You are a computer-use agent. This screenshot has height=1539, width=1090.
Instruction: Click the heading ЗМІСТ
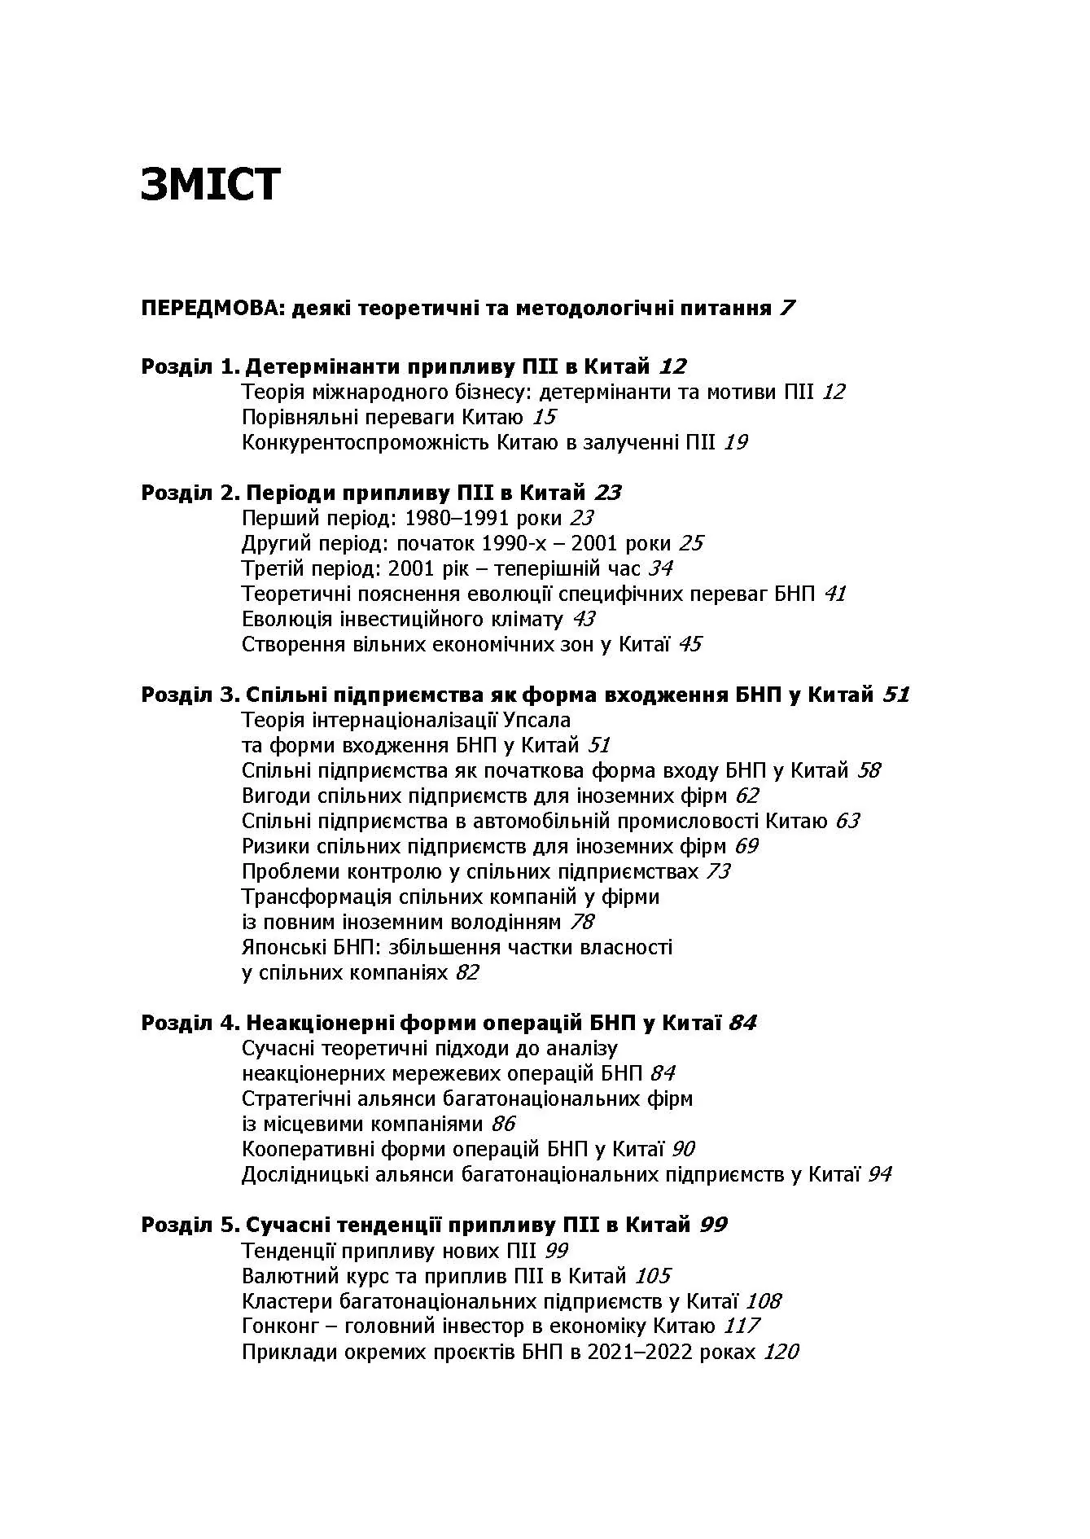tap(210, 184)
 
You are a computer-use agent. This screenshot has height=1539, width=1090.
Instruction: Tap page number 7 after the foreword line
tap(786, 309)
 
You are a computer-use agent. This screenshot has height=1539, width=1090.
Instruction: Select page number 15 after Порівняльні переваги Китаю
tap(544, 418)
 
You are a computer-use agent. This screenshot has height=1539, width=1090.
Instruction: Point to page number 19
tap(735, 443)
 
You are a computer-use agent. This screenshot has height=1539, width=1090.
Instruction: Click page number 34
tap(660, 568)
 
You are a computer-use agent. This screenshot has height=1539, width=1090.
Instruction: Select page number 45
tap(689, 645)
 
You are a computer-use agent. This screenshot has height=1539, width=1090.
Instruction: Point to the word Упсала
tap(537, 720)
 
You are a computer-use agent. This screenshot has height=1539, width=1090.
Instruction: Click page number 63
tap(847, 821)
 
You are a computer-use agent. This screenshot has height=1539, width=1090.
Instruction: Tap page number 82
tap(467, 973)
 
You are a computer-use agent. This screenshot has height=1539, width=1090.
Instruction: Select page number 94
tap(879, 1174)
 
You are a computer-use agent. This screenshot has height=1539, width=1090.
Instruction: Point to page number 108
tap(764, 1301)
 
